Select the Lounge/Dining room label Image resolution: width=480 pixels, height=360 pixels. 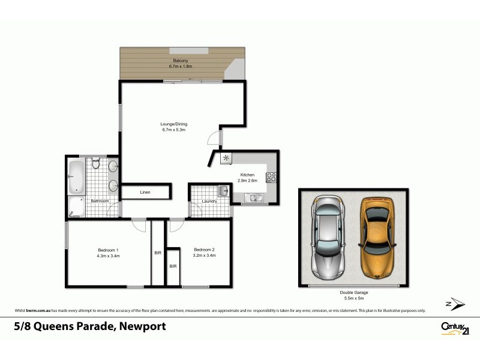coord(174,124)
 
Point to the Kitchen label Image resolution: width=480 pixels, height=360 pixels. coord(247,175)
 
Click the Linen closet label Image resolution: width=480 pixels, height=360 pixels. coord(145,192)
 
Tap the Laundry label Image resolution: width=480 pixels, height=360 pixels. coord(209,201)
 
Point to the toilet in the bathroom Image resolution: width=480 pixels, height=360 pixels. coord(95,164)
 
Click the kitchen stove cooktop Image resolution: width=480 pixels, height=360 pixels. coord(271,177)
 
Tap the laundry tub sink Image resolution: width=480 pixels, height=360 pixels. coord(223,191)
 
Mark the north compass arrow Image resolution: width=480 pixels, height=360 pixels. coord(455,304)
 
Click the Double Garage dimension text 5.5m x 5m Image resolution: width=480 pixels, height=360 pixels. coord(353,298)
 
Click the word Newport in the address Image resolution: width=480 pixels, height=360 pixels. coord(142,326)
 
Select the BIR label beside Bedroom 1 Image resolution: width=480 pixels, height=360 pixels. coord(158,253)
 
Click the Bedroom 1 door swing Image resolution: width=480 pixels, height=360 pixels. coord(139,225)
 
